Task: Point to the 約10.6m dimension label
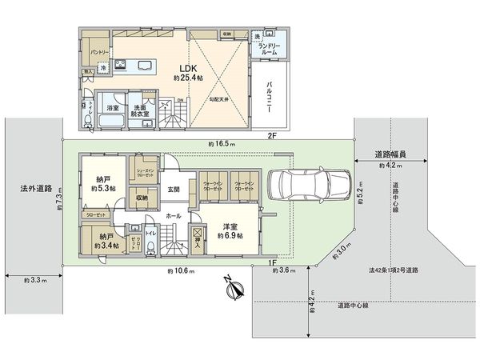click(182, 271)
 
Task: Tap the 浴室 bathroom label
click(112, 107)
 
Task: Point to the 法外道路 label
click(36, 190)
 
